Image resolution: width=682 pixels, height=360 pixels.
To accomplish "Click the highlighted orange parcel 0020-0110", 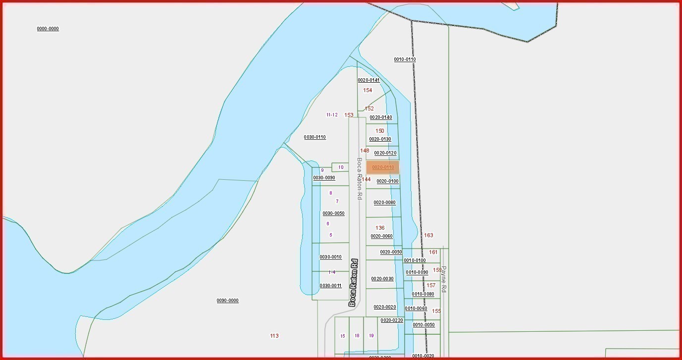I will click(382, 167).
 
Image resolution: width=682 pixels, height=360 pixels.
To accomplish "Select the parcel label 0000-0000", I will click(48, 29).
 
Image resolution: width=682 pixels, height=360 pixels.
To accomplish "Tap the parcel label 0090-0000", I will click(227, 301).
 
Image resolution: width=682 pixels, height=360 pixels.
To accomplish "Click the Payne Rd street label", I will click(444, 279).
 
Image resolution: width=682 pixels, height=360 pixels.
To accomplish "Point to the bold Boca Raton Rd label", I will click(353, 282).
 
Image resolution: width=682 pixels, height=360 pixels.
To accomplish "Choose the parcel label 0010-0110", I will click(405, 59).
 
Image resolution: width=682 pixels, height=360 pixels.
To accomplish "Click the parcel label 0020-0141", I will click(368, 80).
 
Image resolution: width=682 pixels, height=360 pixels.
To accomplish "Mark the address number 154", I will click(367, 90).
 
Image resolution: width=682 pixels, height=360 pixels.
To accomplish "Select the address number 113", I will click(274, 336).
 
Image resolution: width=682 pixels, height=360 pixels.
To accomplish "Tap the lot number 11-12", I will click(331, 115).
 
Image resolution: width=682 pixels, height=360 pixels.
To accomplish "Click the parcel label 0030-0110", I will click(315, 137).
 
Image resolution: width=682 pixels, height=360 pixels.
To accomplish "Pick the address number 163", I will click(428, 235).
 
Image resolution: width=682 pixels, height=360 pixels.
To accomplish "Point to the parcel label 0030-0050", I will click(333, 213).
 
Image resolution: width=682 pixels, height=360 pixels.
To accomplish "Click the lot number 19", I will click(371, 336).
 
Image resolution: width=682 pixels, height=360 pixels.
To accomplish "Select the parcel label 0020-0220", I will click(392, 320).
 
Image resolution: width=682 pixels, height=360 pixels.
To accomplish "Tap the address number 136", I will click(380, 228).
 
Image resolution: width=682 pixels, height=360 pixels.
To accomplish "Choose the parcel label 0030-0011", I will click(330, 286).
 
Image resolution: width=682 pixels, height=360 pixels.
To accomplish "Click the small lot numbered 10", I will click(340, 167).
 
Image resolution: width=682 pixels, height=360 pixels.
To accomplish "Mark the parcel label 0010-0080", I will click(422, 294).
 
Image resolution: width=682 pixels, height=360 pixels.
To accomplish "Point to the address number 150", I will click(379, 131).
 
